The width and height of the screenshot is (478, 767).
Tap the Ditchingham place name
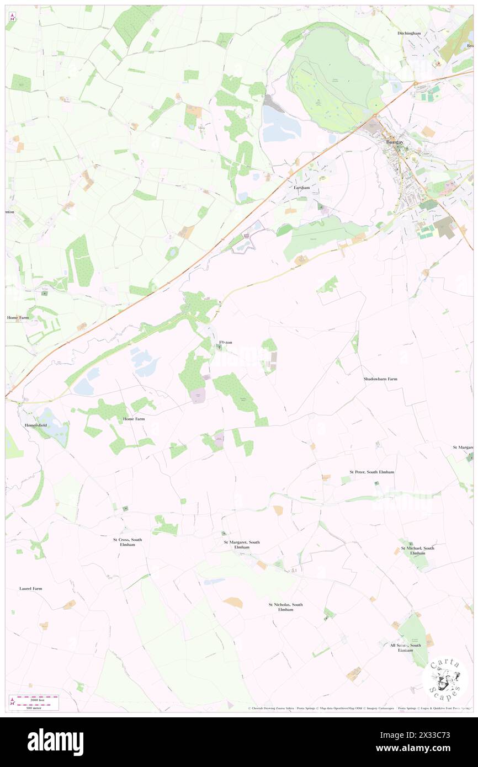click(409, 33)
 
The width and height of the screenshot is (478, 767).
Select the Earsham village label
click(301, 188)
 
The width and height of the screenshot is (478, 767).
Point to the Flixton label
click(226, 343)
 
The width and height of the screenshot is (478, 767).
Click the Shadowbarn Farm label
click(380, 379)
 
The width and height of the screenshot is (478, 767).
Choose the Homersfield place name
click(37, 425)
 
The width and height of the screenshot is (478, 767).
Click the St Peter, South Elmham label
click(371, 472)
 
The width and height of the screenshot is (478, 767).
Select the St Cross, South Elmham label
click(128, 542)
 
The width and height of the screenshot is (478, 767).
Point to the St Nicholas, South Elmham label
click(285, 607)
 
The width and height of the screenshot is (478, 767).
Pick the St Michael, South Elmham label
click(417, 550)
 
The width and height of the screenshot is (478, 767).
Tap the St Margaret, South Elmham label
click(241, 545)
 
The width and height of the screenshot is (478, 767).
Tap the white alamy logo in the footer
click(55, 742)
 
